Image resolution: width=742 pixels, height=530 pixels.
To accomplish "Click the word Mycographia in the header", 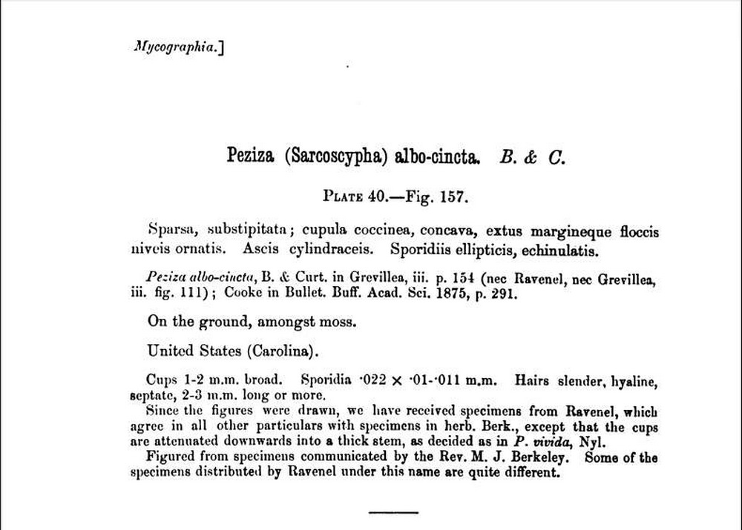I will [x=175, y=47].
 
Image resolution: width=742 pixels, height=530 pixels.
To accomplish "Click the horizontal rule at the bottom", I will [x=393, y=511].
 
